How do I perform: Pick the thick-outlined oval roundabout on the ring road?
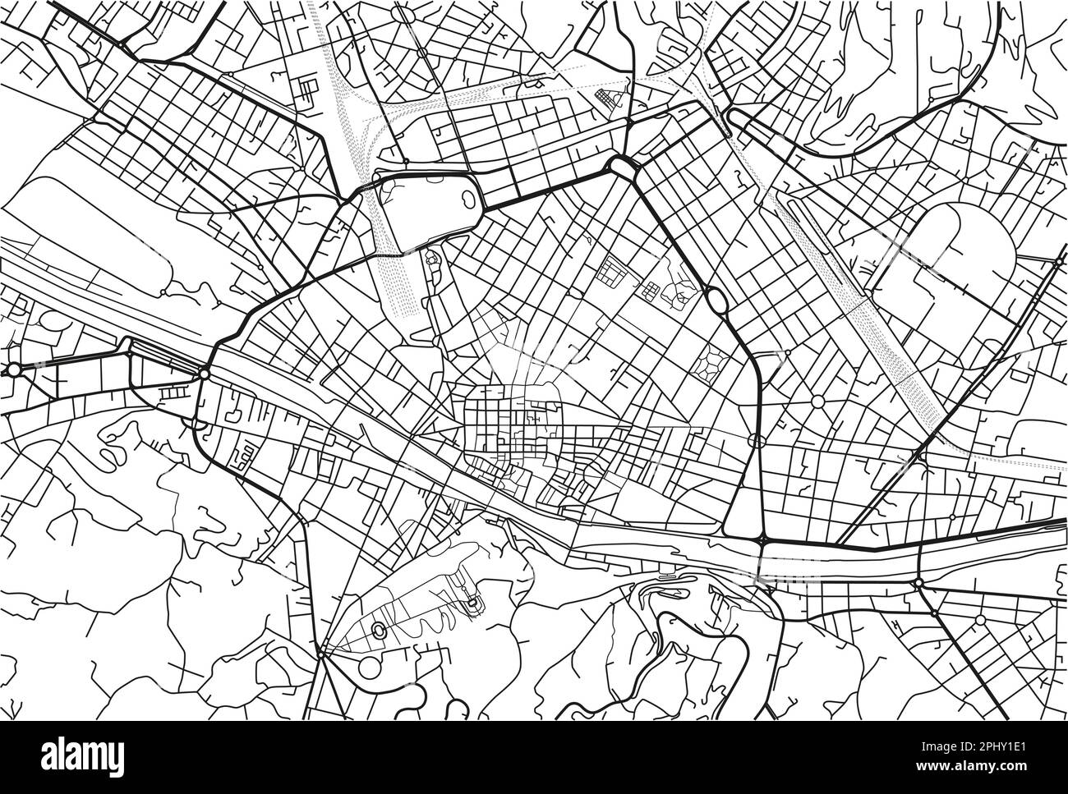tap(714, 301)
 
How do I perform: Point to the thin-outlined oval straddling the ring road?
tap(757, 441)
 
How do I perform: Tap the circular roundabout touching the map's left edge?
tap(14, 369)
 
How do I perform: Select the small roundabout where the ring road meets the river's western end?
tap(204, 374)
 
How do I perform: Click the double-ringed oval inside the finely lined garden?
tap(380, 631)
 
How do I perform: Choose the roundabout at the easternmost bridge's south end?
tap(918, 583)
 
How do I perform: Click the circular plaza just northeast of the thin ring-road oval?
tap(818, 402)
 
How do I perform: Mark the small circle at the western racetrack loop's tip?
tap(164, 291)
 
